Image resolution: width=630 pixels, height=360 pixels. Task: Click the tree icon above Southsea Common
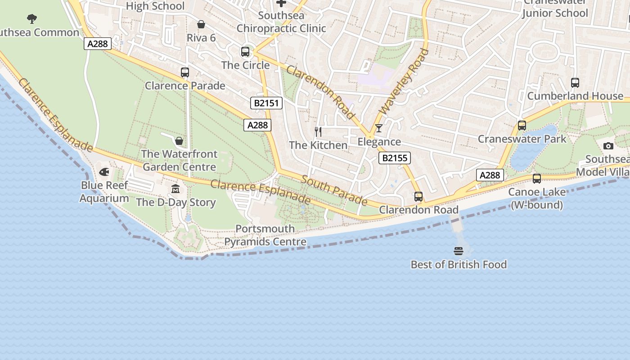tap(31, 19)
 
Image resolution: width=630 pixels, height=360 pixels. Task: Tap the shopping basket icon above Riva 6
tap(201, 24)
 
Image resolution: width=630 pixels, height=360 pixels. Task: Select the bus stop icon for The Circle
tap(245, 52)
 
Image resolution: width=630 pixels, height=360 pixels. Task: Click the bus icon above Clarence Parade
tap(184, 72)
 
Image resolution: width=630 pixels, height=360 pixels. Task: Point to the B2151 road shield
tap(267, 103)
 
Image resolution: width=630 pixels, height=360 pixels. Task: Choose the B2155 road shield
tap(394, 158)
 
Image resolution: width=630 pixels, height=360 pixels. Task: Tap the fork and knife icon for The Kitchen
tap(318, 132)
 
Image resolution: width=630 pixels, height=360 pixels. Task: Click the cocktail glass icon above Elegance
tap(379, 128)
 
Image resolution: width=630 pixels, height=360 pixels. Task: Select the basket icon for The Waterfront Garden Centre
tap(179, 141)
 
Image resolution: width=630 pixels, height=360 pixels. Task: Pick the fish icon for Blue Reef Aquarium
tap(104, 172)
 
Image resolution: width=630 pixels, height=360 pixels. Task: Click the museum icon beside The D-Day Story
tap(175, 189)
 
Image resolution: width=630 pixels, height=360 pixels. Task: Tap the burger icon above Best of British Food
tap(459, 251)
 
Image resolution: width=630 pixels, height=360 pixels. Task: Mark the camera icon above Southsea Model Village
tap(608, 146)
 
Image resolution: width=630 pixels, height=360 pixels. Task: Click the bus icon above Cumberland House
tap(575, 83)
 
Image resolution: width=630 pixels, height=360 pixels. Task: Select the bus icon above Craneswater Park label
tap(522, 126)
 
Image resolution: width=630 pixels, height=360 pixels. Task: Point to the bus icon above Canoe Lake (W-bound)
tap(536, 179)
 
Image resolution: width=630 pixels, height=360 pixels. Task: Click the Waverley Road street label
tap(404, 82)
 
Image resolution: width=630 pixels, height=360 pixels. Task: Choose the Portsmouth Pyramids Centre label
tap(265, 235)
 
